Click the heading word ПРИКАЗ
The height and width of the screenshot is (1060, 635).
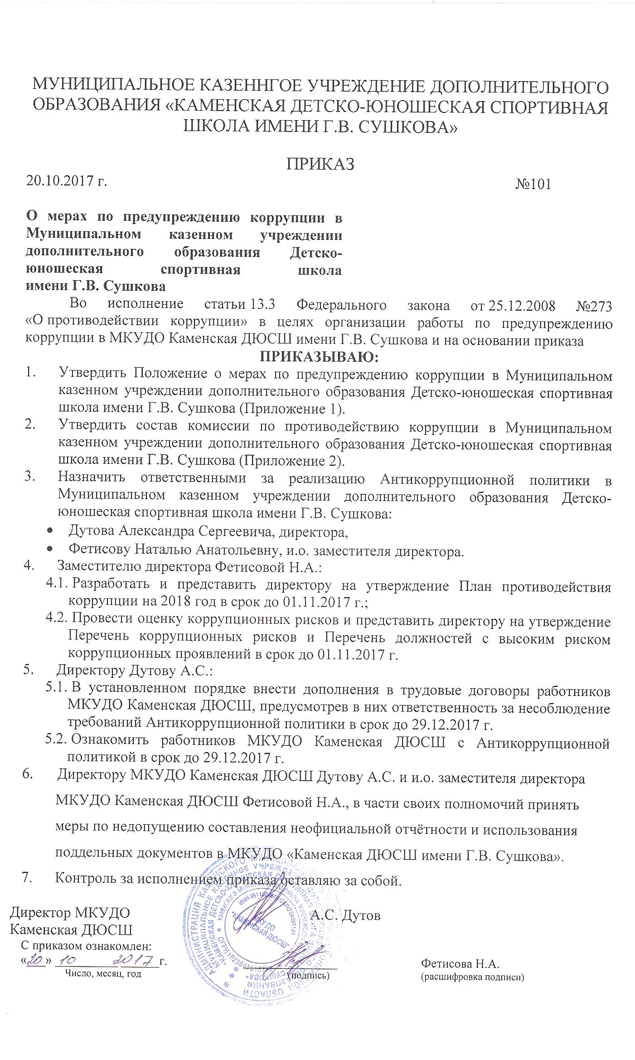coord(320,164)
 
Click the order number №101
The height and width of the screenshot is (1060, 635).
coord(533,184)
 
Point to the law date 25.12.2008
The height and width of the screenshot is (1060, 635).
coord(521,306)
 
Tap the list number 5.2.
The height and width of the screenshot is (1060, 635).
coord(57,740)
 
